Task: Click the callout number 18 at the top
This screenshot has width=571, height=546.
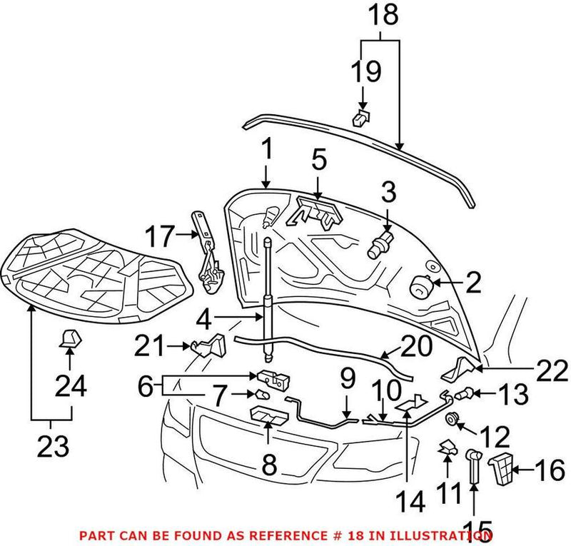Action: (380, 16)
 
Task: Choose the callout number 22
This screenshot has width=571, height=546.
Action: (551, 370)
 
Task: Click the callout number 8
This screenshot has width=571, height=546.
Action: (268, 465)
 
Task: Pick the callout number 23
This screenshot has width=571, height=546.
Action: (52, 448)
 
